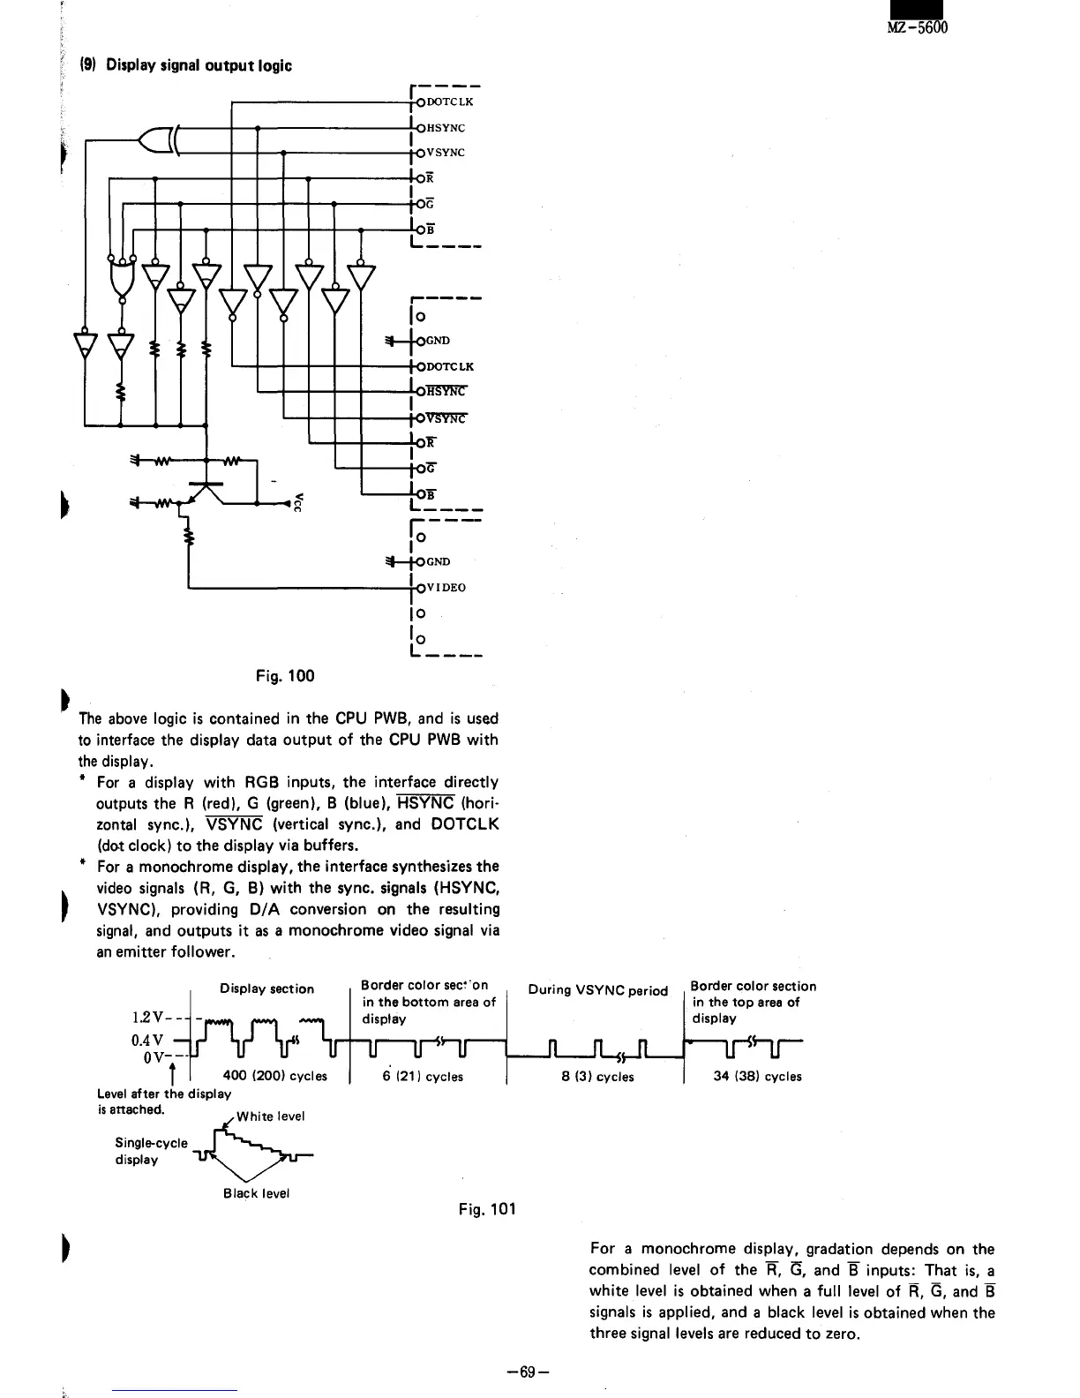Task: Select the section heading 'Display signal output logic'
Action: click(x=199, y=65)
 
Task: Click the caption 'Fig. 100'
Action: click(x=284, y=676)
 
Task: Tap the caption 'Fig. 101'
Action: click(x=487, y=1208)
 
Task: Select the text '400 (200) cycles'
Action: click(x=275, y=1076)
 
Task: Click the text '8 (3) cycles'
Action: click(x=597, y=1076)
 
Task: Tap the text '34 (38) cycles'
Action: click(x=757, y=1076)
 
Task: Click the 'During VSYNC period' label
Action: click(x=597, y=990)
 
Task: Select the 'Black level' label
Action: click(x=256, y=1193)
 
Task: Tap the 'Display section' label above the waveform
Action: click(x=266, y=988)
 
